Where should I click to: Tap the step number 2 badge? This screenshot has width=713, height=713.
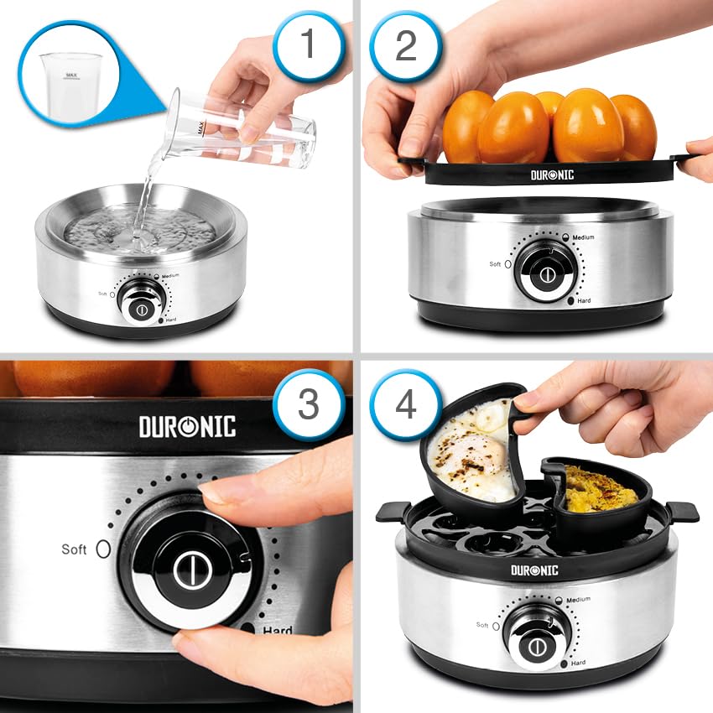[x=405, y=44]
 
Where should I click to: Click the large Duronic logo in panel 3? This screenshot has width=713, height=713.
[x=188, y=425]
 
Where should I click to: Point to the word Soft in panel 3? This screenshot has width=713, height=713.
[x=74, y=549]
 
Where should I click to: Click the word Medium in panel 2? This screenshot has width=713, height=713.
[x=583, y=237]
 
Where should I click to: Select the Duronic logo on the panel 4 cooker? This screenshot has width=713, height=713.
[x=535, y=570]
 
